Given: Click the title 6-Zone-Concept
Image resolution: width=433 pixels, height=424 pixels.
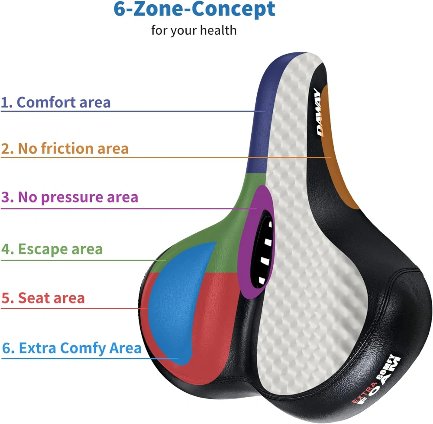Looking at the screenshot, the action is [194, 10].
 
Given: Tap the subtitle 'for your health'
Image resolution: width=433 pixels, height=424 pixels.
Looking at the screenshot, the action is [194, 30].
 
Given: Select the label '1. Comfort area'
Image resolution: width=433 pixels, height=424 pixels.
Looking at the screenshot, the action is [55, 102].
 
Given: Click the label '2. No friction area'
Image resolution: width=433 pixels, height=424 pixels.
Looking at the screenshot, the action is [65, 148].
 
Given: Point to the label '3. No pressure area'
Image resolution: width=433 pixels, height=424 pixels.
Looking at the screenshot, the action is [69, 197].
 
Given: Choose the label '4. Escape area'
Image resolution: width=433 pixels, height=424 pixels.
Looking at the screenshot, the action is [52, 249].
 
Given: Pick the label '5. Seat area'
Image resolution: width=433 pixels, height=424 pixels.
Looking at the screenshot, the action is [43, 298].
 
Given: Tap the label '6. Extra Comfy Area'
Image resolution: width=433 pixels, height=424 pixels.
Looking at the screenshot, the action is [71, 348].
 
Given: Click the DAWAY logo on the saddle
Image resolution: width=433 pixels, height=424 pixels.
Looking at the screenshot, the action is [319, 112].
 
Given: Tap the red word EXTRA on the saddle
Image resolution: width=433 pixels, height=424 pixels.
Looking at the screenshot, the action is [364, 392].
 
